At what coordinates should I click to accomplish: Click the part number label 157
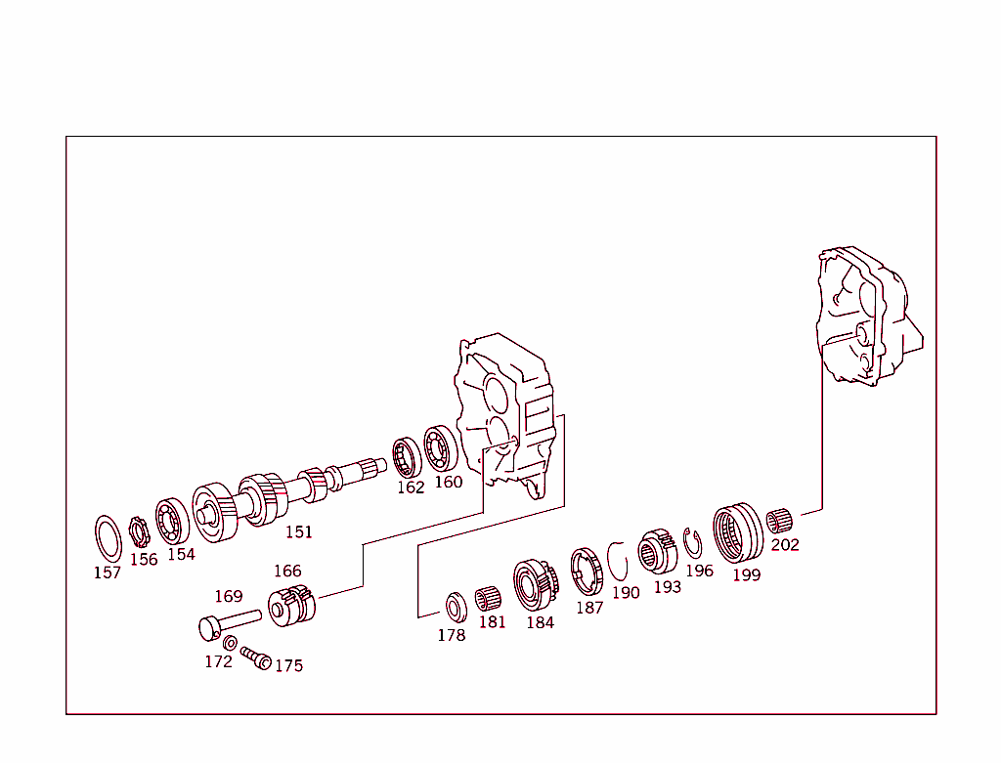click(107, 572)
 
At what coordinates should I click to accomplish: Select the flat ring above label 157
click(108, 537)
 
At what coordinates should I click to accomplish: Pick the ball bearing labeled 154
click(172, 520)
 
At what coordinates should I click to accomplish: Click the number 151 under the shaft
click(298, 531)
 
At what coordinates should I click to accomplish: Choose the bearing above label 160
click(443, 448)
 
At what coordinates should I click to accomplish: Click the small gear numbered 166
click(291, 606)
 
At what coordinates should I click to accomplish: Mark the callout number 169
click(228, 596)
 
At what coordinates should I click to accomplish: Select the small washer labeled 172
click(230, 643)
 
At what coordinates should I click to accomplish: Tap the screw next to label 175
click(255, 657)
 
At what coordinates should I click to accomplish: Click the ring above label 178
click(455, 606)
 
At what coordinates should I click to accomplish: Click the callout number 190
click(626, 592)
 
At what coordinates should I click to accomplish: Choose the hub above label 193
click(658, 555)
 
